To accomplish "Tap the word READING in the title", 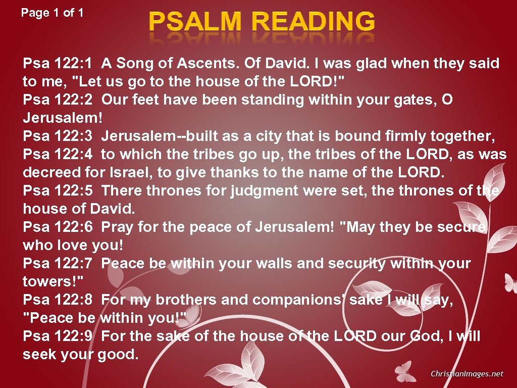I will coord(313,22).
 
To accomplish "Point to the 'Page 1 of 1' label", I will coord(53,13).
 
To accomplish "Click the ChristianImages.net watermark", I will coord(467,374).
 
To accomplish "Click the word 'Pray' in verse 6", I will coord(118,227).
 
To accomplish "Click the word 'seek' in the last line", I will coord(40,354).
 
